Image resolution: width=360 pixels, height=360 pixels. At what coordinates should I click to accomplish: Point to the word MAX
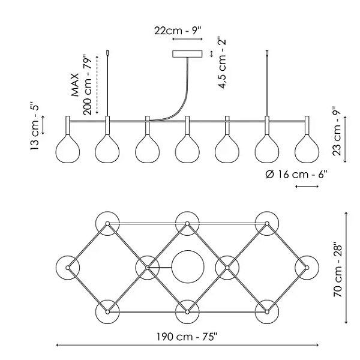[x=75, y=86]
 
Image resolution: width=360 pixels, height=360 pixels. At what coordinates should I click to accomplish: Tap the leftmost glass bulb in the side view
[x=67, y=149]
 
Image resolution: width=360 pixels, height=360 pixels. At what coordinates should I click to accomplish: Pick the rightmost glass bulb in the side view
[x=307, y=149]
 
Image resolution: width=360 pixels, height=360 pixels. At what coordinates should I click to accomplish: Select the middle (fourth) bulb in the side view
[x=187, y=149]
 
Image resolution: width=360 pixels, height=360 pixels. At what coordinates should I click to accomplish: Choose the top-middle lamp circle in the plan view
[x=187, y=223]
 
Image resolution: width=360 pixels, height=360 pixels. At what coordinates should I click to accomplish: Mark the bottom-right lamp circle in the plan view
[x=266, y=311]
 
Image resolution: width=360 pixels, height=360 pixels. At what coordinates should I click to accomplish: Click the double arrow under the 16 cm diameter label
[x=307, y=187]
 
